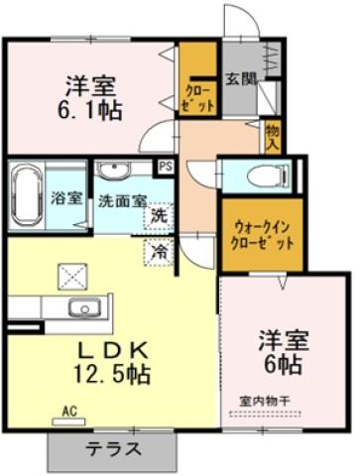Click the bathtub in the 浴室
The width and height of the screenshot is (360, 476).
[26, 194]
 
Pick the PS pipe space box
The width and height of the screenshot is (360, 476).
[165, 167]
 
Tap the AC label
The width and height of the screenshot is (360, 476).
[69, 410]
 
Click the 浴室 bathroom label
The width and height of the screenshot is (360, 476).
[66, 197]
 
